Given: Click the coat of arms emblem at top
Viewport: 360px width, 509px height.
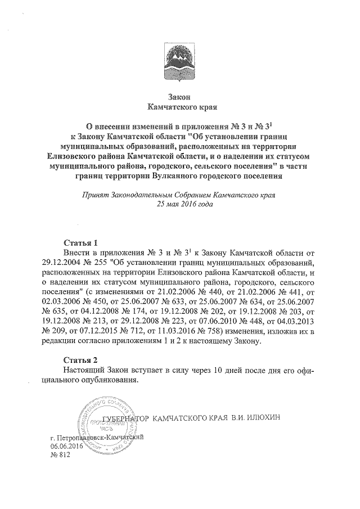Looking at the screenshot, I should tap(180, 58).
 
